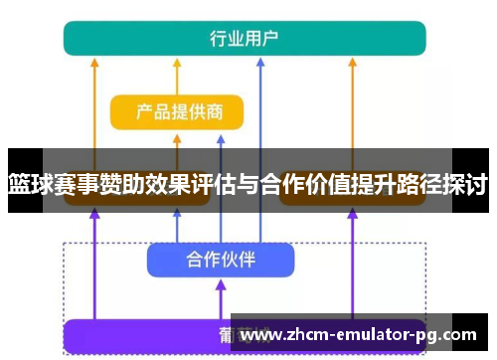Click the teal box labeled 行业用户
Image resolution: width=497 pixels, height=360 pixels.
(x=245, y=38)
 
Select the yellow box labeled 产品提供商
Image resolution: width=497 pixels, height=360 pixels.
(x=177, y=112)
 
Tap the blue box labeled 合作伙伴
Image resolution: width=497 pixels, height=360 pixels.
(x=221, y=261)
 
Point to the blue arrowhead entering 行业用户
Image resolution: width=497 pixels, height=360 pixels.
(x=259, y=61)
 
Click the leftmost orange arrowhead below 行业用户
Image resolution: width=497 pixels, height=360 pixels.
(x=94, y=61)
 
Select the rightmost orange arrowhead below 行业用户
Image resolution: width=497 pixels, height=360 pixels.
(x=353, y=61)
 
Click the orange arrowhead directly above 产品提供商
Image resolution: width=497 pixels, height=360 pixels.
(x=177, y=61)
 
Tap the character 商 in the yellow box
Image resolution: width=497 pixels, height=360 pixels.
(x=231, y=112)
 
